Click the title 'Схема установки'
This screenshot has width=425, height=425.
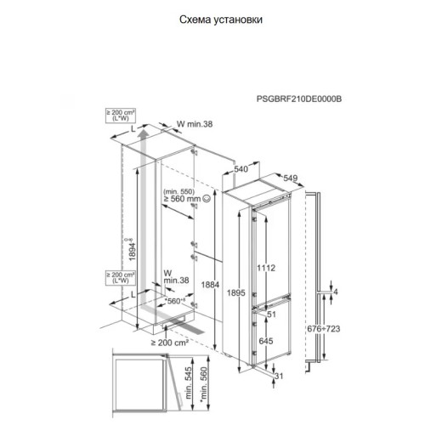click(221, 20)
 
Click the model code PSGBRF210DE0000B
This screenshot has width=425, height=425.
click(299, 99)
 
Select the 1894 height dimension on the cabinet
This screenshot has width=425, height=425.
click(133, 251)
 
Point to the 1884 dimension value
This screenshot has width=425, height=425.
click(210, 285)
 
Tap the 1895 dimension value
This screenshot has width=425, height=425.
click(235, 292)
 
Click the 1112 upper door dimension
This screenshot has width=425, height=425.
click(266, 268)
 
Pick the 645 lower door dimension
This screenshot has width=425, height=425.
click(266, 341)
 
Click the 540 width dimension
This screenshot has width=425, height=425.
click(241, 169)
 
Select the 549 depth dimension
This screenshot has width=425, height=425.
click(291, 178)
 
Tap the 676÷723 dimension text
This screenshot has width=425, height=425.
click(324, 329)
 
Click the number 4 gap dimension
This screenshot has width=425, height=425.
click(336, 292)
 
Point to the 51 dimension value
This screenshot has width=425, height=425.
click(271, 314)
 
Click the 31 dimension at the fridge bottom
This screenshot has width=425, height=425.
click(279, 376)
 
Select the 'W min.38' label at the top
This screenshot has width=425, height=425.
click(195, 124)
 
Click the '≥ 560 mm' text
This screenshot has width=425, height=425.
click(182, 199)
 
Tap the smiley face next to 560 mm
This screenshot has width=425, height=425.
click(207, 199)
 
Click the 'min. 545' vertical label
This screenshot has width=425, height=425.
click(189, 383)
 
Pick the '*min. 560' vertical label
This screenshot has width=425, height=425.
click(204, 387)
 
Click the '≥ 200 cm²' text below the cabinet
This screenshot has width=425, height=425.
click(170, 343)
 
